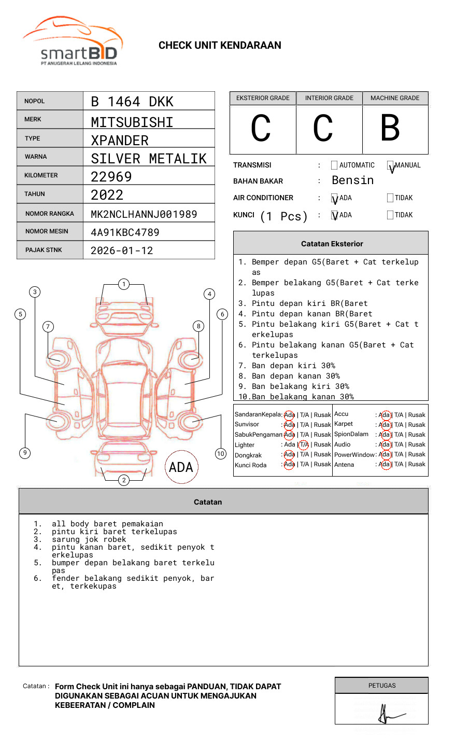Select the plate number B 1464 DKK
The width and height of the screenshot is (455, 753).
(132, 102)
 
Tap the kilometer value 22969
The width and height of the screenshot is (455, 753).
(111, 177)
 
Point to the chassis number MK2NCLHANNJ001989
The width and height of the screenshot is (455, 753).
(144, 214)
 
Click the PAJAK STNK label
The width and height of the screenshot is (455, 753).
(44, 250)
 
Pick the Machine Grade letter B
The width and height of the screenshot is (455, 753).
(390, 128)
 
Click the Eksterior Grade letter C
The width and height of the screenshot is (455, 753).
(261, 128)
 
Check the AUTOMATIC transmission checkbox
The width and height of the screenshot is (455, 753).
(334, 165)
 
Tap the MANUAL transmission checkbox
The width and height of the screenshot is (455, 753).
(390, 165)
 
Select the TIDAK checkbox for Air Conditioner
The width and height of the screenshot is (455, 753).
(390, 198)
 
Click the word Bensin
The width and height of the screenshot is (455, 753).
(352, 180)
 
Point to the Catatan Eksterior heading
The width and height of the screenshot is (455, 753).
(332, 244)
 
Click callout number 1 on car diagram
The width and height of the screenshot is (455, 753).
(123, 284)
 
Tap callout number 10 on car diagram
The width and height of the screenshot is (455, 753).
(221, 454)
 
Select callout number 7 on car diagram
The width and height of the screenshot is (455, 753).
(48, 326)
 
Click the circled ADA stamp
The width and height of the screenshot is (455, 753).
(181, 467)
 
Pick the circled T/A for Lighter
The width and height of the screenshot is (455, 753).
(304, 444)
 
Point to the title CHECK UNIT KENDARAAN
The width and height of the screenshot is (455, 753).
(220, 46)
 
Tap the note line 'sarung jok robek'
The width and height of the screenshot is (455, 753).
(89, 539)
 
